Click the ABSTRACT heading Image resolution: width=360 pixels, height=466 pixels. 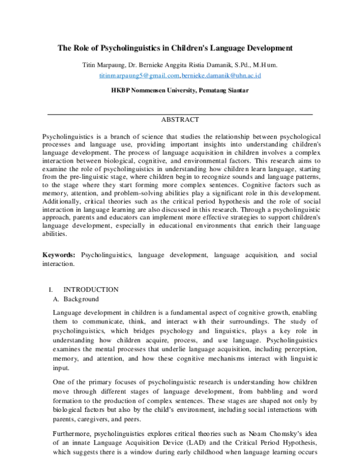(x=179, y=120)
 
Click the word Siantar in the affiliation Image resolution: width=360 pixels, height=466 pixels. (x=236, y=91)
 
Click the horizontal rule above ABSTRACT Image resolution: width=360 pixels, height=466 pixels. (x=179, y=113)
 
